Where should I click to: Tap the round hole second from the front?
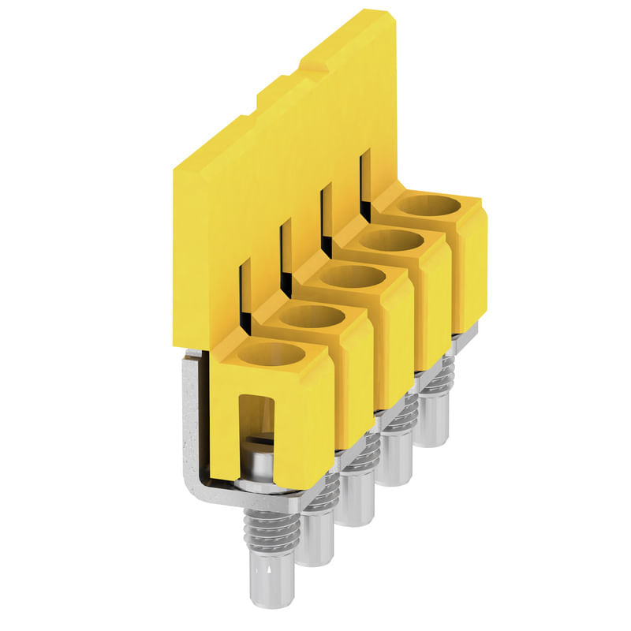click(x=312, y=316)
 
